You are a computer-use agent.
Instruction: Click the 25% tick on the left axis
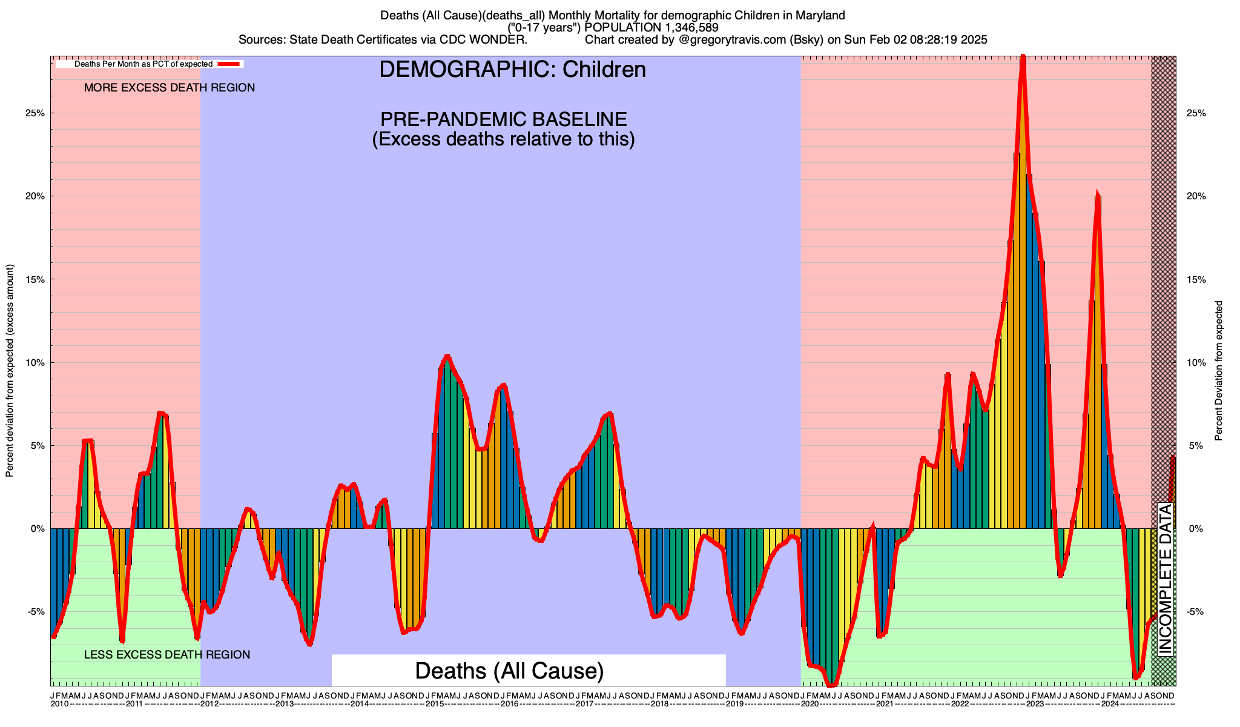(36, 113)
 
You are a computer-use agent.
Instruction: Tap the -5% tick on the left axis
(37, 612)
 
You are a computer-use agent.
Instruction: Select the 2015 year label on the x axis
(434, 704)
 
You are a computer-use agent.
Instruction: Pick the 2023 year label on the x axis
(1035, 704)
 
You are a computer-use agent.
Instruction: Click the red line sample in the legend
(230, 64)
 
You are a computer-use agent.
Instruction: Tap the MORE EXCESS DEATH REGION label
(170, 88)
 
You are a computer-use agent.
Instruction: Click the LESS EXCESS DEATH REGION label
(167, 655)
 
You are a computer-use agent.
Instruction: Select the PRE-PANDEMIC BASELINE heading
(503, 119)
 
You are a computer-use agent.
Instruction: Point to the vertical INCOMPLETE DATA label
(1165, 579)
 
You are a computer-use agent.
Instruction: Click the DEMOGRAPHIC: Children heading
(512, 70)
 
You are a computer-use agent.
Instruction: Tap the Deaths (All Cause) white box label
(509, 671)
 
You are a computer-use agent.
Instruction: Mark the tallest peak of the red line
(1023, 58)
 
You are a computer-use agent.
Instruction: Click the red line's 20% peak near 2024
(1097, 194)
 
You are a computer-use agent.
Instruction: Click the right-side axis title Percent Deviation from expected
(1218, 371)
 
